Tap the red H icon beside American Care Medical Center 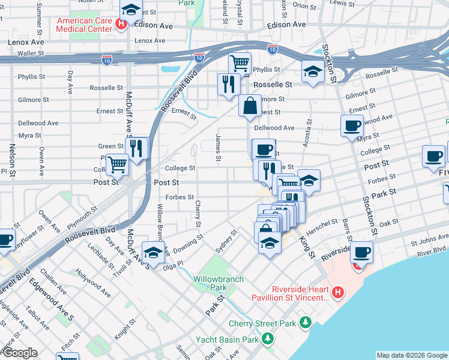tap(121, 25)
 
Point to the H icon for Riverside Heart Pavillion tap(338, 293)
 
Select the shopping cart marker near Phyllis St tap(240, 62)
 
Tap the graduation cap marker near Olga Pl tap(153, 252)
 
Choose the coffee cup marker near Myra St tap(352, 125)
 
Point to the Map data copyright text tap(411, 355)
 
